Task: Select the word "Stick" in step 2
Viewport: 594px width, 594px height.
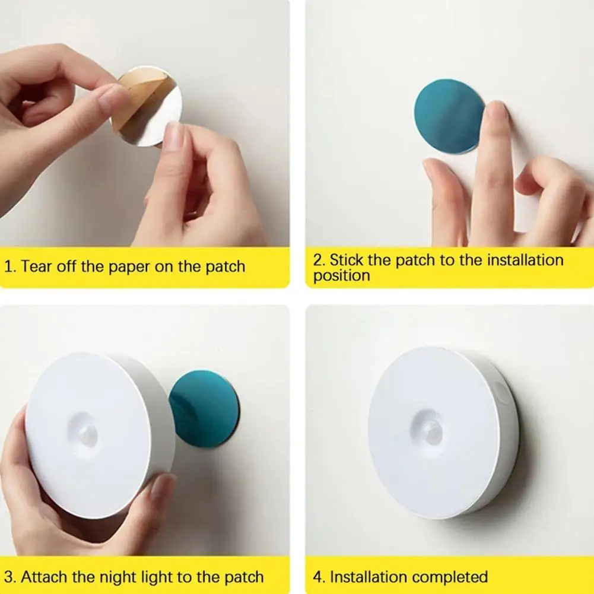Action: coord(348,260)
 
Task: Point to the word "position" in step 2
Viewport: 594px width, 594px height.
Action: coord(341,275)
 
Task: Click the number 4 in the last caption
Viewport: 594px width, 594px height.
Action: coord(318,576)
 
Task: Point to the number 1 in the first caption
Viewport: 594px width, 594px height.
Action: coord(8,266)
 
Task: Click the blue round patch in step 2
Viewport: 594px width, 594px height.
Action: coord(447,116)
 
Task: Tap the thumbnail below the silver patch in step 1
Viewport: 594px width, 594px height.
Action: coord(174,136)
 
